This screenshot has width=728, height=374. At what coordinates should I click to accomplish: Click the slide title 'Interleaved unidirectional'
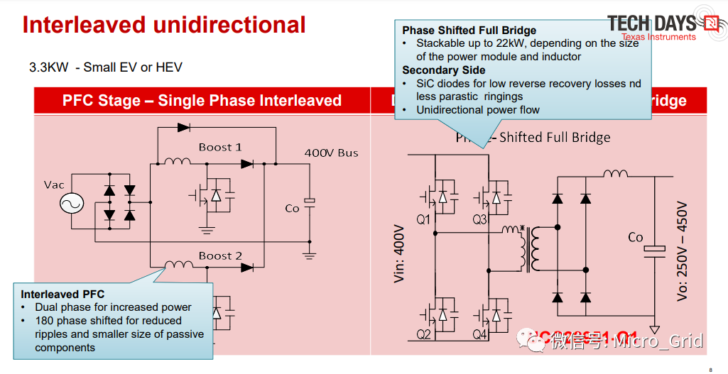164,25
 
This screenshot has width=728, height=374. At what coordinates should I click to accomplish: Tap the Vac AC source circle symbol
71,204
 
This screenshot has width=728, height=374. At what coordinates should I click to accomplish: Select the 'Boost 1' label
220,147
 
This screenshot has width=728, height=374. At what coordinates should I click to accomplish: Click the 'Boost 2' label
220,255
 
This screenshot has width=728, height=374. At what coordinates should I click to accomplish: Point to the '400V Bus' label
331,153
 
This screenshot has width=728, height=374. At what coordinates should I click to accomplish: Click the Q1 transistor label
423,219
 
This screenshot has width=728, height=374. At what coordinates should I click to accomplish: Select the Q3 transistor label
480,219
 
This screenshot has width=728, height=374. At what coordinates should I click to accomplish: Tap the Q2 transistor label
423,334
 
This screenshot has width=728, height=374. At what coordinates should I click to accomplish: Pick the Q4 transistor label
480,334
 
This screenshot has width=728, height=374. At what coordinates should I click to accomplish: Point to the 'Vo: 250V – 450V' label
683,251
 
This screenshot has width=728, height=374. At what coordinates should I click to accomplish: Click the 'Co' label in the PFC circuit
292,208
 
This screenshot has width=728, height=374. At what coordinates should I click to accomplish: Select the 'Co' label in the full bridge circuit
636,237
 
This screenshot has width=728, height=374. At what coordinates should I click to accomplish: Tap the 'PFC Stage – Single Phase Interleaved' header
202,100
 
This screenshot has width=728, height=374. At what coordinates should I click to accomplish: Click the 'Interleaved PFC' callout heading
63,294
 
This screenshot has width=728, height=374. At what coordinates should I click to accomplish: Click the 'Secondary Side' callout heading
444,70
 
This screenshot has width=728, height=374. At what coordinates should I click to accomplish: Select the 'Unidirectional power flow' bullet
478,109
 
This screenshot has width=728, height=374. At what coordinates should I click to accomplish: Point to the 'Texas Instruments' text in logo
658,37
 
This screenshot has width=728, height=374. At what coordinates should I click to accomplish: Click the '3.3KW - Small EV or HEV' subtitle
106,67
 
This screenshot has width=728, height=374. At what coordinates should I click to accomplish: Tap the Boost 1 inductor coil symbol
177,162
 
